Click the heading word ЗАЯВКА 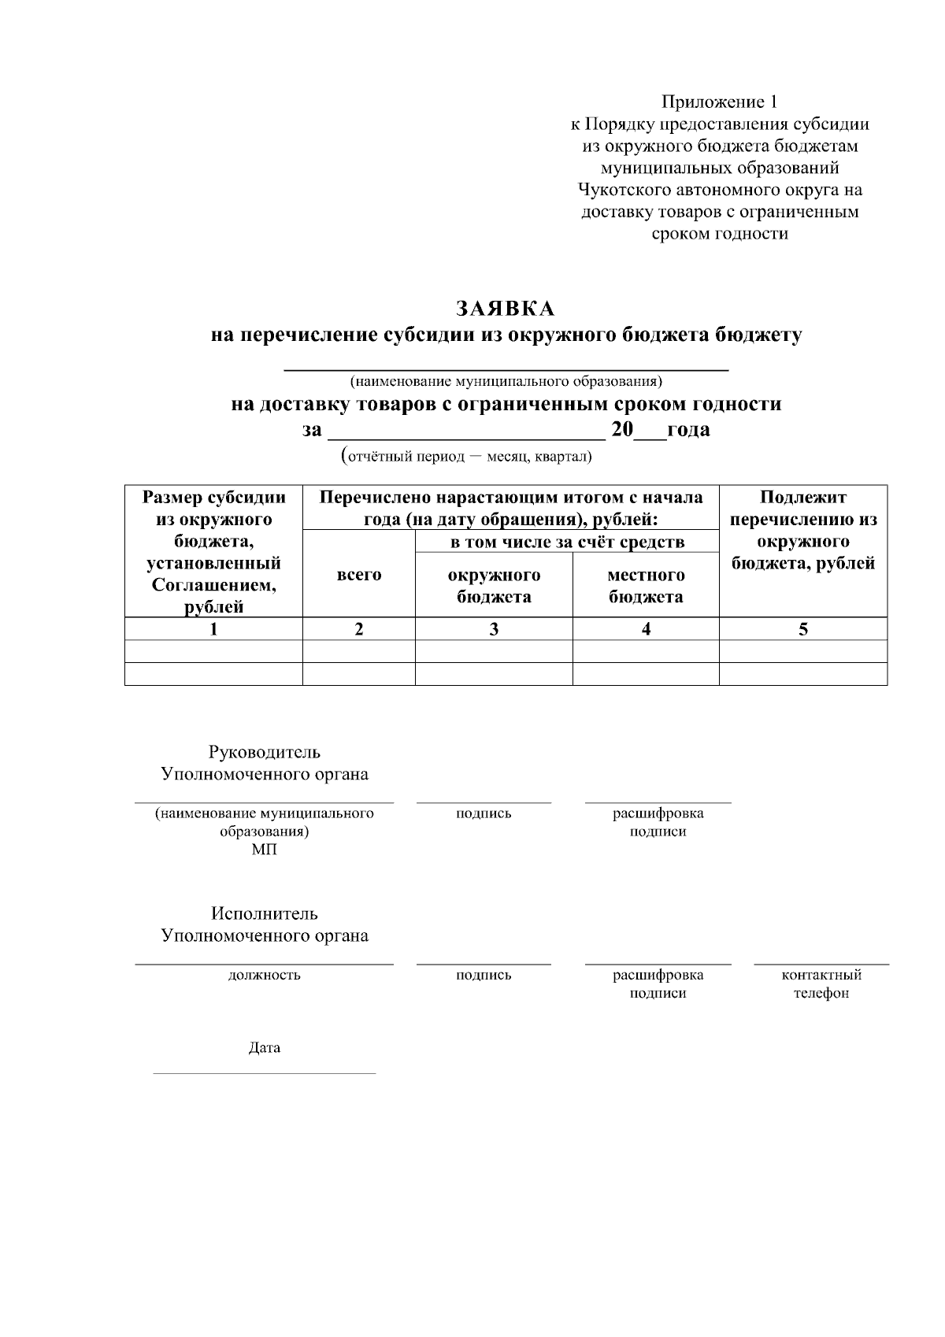tap(506, 308)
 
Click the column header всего tap(359, 575)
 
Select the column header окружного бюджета tap(494, 586)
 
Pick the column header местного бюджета tap(646, 586)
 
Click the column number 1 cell tap(213, 629)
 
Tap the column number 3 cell tap(494, 629)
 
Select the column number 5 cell tap(803, 629)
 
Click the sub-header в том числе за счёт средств tap(567, 542)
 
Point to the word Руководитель tap(265, 752)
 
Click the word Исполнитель tap(265, 913)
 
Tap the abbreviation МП tap(265, 850)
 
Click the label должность tap(265, 975)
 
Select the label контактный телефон tap(821, 983)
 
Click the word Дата tap(265, 1048)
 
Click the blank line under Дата tap(265, 1072)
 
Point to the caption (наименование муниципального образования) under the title tap(506, 382)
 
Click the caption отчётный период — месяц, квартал tap(466, 457)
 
